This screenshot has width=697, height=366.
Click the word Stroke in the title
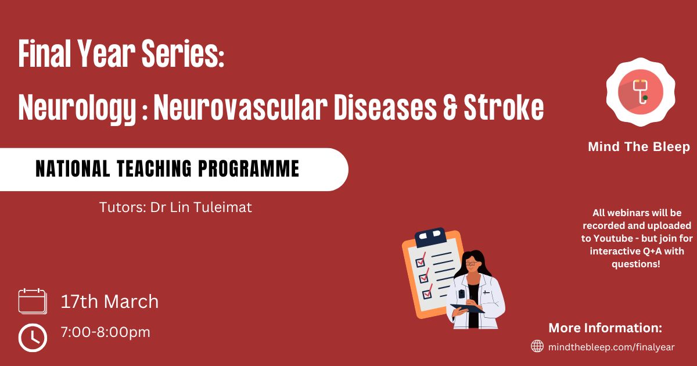[x=504, y=107]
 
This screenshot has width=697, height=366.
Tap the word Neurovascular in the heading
[x=240, y=107]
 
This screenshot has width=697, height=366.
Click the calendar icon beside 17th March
[x=33, y=301]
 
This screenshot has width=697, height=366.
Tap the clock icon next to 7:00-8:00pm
[x=33, y=338]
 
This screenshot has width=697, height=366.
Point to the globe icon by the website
[x=537, y=346]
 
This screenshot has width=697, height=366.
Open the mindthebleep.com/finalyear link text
[x=612, y=347]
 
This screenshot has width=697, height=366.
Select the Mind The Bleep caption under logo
[x=639, y=146]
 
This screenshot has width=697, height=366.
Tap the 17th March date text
[x=110, y=302]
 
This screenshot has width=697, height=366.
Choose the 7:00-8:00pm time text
[x=106, y=332]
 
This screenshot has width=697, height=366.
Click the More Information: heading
[x=605, y=328]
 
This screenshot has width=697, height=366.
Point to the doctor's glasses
[x=472, y=264]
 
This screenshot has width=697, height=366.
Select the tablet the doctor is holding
[x=468, y=308]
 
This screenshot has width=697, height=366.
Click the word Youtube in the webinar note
[x=613, y=238]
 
